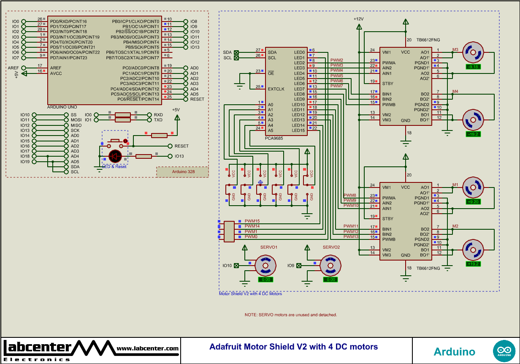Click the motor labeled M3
coord(473,53)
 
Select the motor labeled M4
coord(473,120)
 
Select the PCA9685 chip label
coord(274,138)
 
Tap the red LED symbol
coord(115,156)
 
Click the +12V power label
coord(358,19)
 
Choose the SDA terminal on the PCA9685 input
coord(236,52)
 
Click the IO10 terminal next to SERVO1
coord(236,266)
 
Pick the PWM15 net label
coord(252,221)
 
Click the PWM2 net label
coord(336,60)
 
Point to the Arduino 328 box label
coord(183,172)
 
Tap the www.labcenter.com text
coord(147,349)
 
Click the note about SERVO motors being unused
coord(291,315)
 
